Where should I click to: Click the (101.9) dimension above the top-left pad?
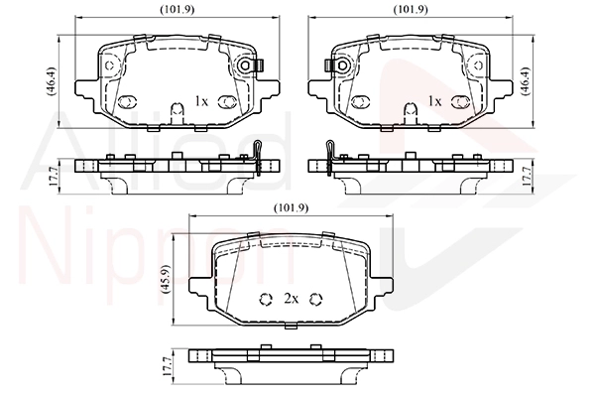pos(178,10)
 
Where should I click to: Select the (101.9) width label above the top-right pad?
pos(411,10)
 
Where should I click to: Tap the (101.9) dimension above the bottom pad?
pos(291,207)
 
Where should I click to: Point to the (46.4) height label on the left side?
pos(52,81)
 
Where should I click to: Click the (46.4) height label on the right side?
pos(526,81)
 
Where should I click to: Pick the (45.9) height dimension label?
pos(166,279)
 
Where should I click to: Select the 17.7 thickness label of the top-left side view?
pos(54,176)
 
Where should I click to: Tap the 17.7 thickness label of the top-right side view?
pos(527,176)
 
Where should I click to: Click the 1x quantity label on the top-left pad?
pos(201,101)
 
